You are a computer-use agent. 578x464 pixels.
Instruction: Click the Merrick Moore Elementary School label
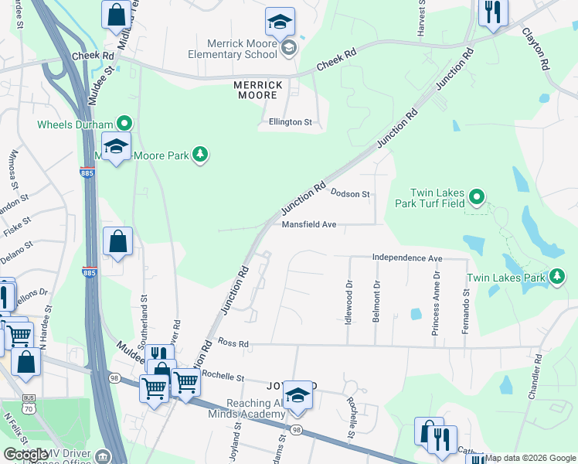232,48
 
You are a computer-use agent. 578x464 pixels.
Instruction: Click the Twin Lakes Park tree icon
556,277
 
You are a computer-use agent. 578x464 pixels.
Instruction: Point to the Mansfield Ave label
309,224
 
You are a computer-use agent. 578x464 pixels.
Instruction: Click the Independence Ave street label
406,258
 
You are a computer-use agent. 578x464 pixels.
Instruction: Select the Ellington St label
290,122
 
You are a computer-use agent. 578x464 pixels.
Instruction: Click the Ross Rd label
233,342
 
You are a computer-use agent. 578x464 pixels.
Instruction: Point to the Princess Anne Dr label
437,302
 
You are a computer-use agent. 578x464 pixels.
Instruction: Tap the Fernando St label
465,311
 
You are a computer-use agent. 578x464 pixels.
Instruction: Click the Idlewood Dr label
348,302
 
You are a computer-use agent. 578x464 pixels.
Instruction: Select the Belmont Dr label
376,302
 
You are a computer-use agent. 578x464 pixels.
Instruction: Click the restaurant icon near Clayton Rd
491,13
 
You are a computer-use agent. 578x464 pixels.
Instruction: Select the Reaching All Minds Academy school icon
297,396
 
